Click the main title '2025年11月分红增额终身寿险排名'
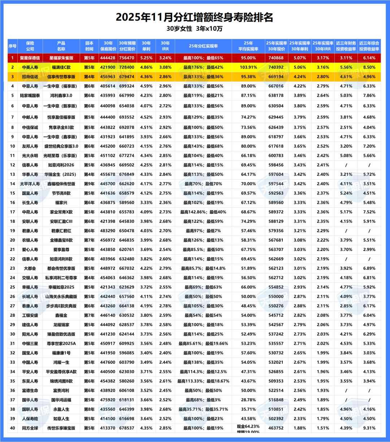pyautogui.click(x=195, y=17)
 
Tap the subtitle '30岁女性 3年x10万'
pyautogui.click(x=195, y=29)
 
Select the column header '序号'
pyautogui.click(x=12, y=46)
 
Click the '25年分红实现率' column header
pyautogui.click(x=203, y=46)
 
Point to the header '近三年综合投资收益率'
pyautogui.click(x=369, y=46)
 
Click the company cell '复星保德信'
pyautogui.click(x=30, y=58)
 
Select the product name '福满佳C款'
pyautogui.click(x=61, y=67)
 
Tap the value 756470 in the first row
pyautogui.click(x=127, y=58)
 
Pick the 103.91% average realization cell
pyautogui.click(x=248, y=67)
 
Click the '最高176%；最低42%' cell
pyautogui.click(x=203, y=67)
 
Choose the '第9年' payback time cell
pyautogui.click(x=89, y=184)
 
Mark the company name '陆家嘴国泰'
pyautogui.click(x=30, y=96)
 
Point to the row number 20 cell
pyautogui.click(x=12, y=240)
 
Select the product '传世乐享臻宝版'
pyautogui.click(x=61, y=428)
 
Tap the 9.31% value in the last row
pyautogui.click(x=369, y=428)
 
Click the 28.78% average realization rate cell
pyautogui.click(x=248, y=400)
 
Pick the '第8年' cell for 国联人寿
pyautogui.click(x=89, y=409)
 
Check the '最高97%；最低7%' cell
pyautogui.click(x=203, y=231)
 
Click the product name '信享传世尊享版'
pyautogui.click(x=61, y=77)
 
